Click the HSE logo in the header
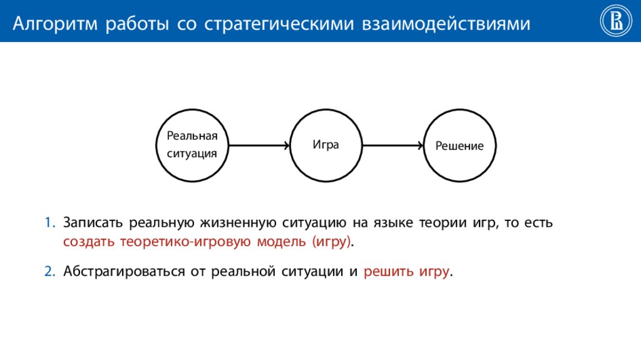[615, 21]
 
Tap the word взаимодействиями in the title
[445, 24]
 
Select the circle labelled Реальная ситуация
[192, 145]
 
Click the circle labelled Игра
[326, 145]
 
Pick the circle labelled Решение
[460, 145]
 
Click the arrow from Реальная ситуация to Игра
[259, 145]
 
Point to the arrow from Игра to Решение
[393, 145]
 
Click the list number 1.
[49, 224]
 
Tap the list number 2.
[49, 272]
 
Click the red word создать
[85, 242]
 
